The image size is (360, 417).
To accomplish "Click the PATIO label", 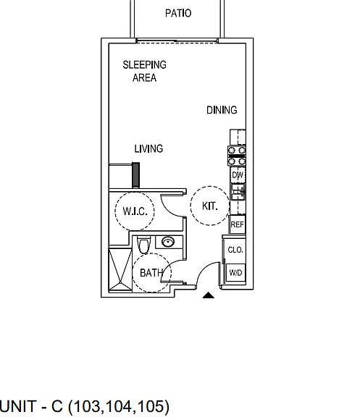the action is (x=178, y=13).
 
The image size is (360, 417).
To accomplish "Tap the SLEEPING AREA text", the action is (x=144, y=71).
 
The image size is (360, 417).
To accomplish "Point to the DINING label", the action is (x=222, y=110).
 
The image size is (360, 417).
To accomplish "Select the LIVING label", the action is (x=148, y=148).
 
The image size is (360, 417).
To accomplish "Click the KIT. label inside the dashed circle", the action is (x=209, y=206).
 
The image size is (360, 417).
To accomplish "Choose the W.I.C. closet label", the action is (x=135, y=211).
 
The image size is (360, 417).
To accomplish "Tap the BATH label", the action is (x=151, y=273).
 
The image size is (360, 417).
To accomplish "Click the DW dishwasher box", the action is (x=238, y=175).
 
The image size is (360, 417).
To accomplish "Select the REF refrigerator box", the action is (x=237, y=224).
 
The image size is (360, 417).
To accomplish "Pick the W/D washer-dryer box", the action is (x=235, y=273).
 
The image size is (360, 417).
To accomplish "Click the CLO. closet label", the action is (x=235, y=250).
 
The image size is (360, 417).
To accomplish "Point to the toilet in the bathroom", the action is (x=143, y=245).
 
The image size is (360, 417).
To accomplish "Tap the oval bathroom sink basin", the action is (x=168, y=242).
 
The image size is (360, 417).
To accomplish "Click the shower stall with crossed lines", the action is (x=120, y=269).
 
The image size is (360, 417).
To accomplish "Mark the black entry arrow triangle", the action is (x=209, y=295).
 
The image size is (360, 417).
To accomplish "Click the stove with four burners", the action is (x=237, y=156).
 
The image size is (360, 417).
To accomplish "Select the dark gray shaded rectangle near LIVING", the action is (x=136, y=174).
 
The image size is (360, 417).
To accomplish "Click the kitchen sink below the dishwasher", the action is (x=238, y=191).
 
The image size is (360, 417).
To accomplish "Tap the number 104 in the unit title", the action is (x=117, y=406).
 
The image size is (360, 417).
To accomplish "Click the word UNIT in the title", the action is (x=18, y=406).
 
